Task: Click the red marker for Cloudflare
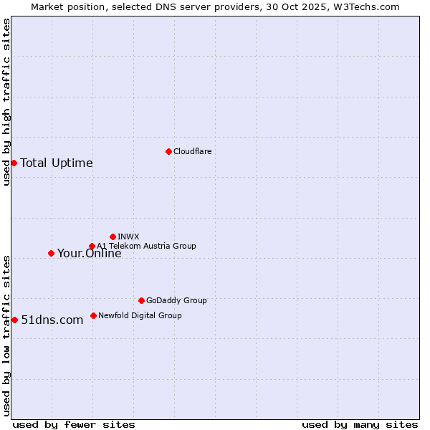point(168,151)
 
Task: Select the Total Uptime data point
point(14,163)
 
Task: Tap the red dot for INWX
point(113,236)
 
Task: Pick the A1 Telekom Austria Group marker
point(92,247)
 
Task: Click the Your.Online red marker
point(51,253)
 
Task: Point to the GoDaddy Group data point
point(141,300)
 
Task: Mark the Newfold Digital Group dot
point(93,315)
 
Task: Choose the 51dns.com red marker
point(14,320)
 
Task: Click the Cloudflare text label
point(192,151)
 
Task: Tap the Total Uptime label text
point(57,163)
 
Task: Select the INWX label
point(128,236)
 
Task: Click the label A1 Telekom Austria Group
point(146,246)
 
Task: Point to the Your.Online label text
point(90,253)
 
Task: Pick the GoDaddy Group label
point(176,300)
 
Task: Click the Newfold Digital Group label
point(140,315)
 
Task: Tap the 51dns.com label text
point(52,320)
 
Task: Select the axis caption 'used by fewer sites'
point(74,424)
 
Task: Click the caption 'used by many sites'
point(360,424)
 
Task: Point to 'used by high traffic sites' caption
point(6,102)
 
